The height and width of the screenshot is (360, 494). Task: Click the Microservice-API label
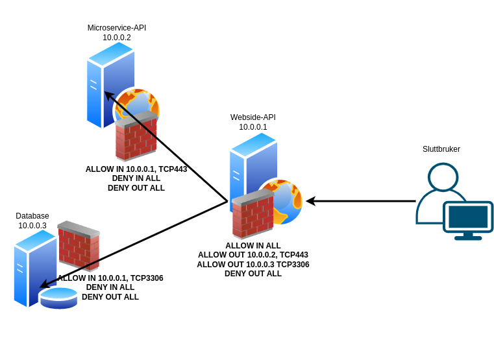coord(117,28)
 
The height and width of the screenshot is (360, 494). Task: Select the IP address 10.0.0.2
coord(117,38)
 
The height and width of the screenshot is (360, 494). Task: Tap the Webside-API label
coord(253,117)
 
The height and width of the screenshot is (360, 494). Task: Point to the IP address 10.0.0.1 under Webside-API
coord(253,127)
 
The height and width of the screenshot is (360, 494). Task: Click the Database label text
coord(32,216)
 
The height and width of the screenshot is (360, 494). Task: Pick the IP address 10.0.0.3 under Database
coord(32,226)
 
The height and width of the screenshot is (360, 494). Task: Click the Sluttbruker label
coord(441,149)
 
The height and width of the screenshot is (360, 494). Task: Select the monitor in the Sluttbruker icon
coord(468,217)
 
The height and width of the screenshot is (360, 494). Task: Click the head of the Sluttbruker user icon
coord(443,177)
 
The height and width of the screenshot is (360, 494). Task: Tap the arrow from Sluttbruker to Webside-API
coord(364,201)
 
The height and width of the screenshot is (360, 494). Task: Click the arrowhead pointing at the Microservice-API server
coord(108,95)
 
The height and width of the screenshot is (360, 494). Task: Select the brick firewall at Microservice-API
coord(136,137)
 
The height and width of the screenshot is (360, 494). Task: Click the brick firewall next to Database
coord(79,245)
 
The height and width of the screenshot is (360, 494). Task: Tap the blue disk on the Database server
coord(58,298)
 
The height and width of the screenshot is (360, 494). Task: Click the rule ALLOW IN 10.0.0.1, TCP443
coord(136,169)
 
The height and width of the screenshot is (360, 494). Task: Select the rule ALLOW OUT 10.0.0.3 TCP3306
coord(253,265)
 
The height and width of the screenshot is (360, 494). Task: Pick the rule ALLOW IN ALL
coord(253,246)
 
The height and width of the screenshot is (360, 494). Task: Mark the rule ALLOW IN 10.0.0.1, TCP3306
coord(111,278)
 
